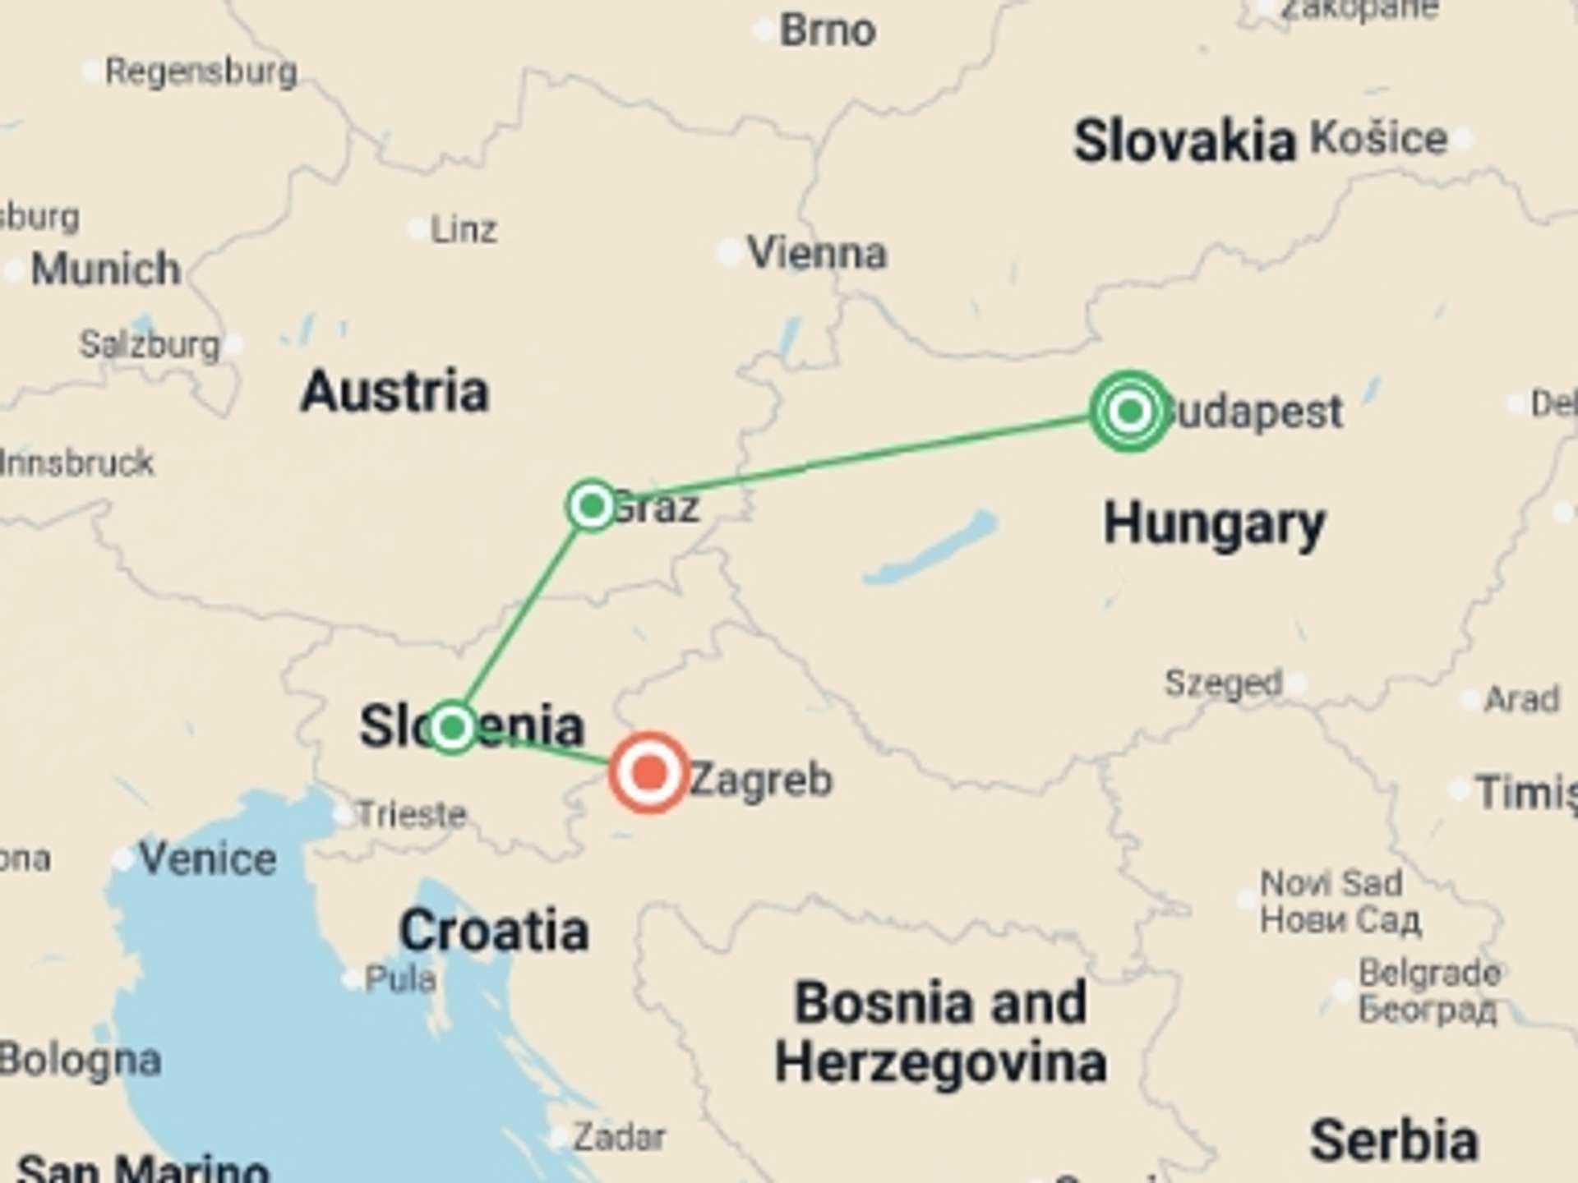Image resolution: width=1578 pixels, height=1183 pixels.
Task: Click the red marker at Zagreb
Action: point(649,773)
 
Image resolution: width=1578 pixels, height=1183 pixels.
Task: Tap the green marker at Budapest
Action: point(1130,411)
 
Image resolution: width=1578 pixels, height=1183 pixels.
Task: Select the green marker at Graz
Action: point(592,505)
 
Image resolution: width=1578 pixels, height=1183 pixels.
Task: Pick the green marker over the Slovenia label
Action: point(451,727)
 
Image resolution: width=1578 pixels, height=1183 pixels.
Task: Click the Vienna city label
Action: point(817,253)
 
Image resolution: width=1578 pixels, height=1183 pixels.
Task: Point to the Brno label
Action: point(827,31)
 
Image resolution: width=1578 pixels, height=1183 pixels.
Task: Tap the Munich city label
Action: point(105,269)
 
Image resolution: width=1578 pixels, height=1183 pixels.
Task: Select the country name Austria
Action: point(394,392)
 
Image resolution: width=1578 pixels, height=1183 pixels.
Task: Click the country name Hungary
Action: point(1214,524)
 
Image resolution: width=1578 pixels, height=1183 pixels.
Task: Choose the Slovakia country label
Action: point(1184,141)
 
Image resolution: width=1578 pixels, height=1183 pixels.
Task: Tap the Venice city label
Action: point(207,859)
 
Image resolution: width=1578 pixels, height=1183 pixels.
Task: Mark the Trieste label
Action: point(412,815)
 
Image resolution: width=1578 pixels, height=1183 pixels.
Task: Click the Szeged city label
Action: point(1223,683)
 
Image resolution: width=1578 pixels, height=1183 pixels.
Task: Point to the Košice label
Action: point(1378,138)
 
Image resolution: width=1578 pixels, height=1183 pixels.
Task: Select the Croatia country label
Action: point(494,931)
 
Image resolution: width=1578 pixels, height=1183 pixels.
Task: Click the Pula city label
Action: point(400,979)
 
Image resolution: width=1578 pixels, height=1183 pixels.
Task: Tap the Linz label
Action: point(464,230)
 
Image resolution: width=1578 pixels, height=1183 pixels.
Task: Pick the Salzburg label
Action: point(150,344)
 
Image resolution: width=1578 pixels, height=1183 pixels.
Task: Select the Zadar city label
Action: point(619,1138)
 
